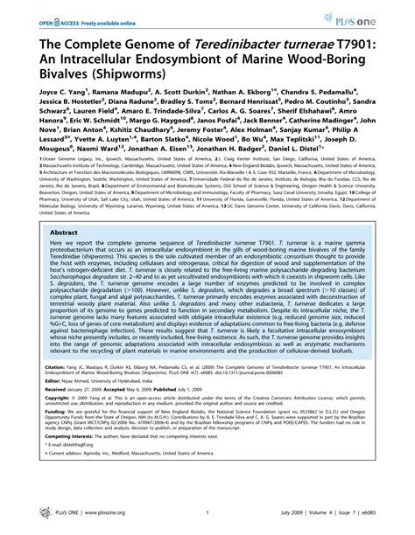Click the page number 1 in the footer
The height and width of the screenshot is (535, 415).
coord(207,525)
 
